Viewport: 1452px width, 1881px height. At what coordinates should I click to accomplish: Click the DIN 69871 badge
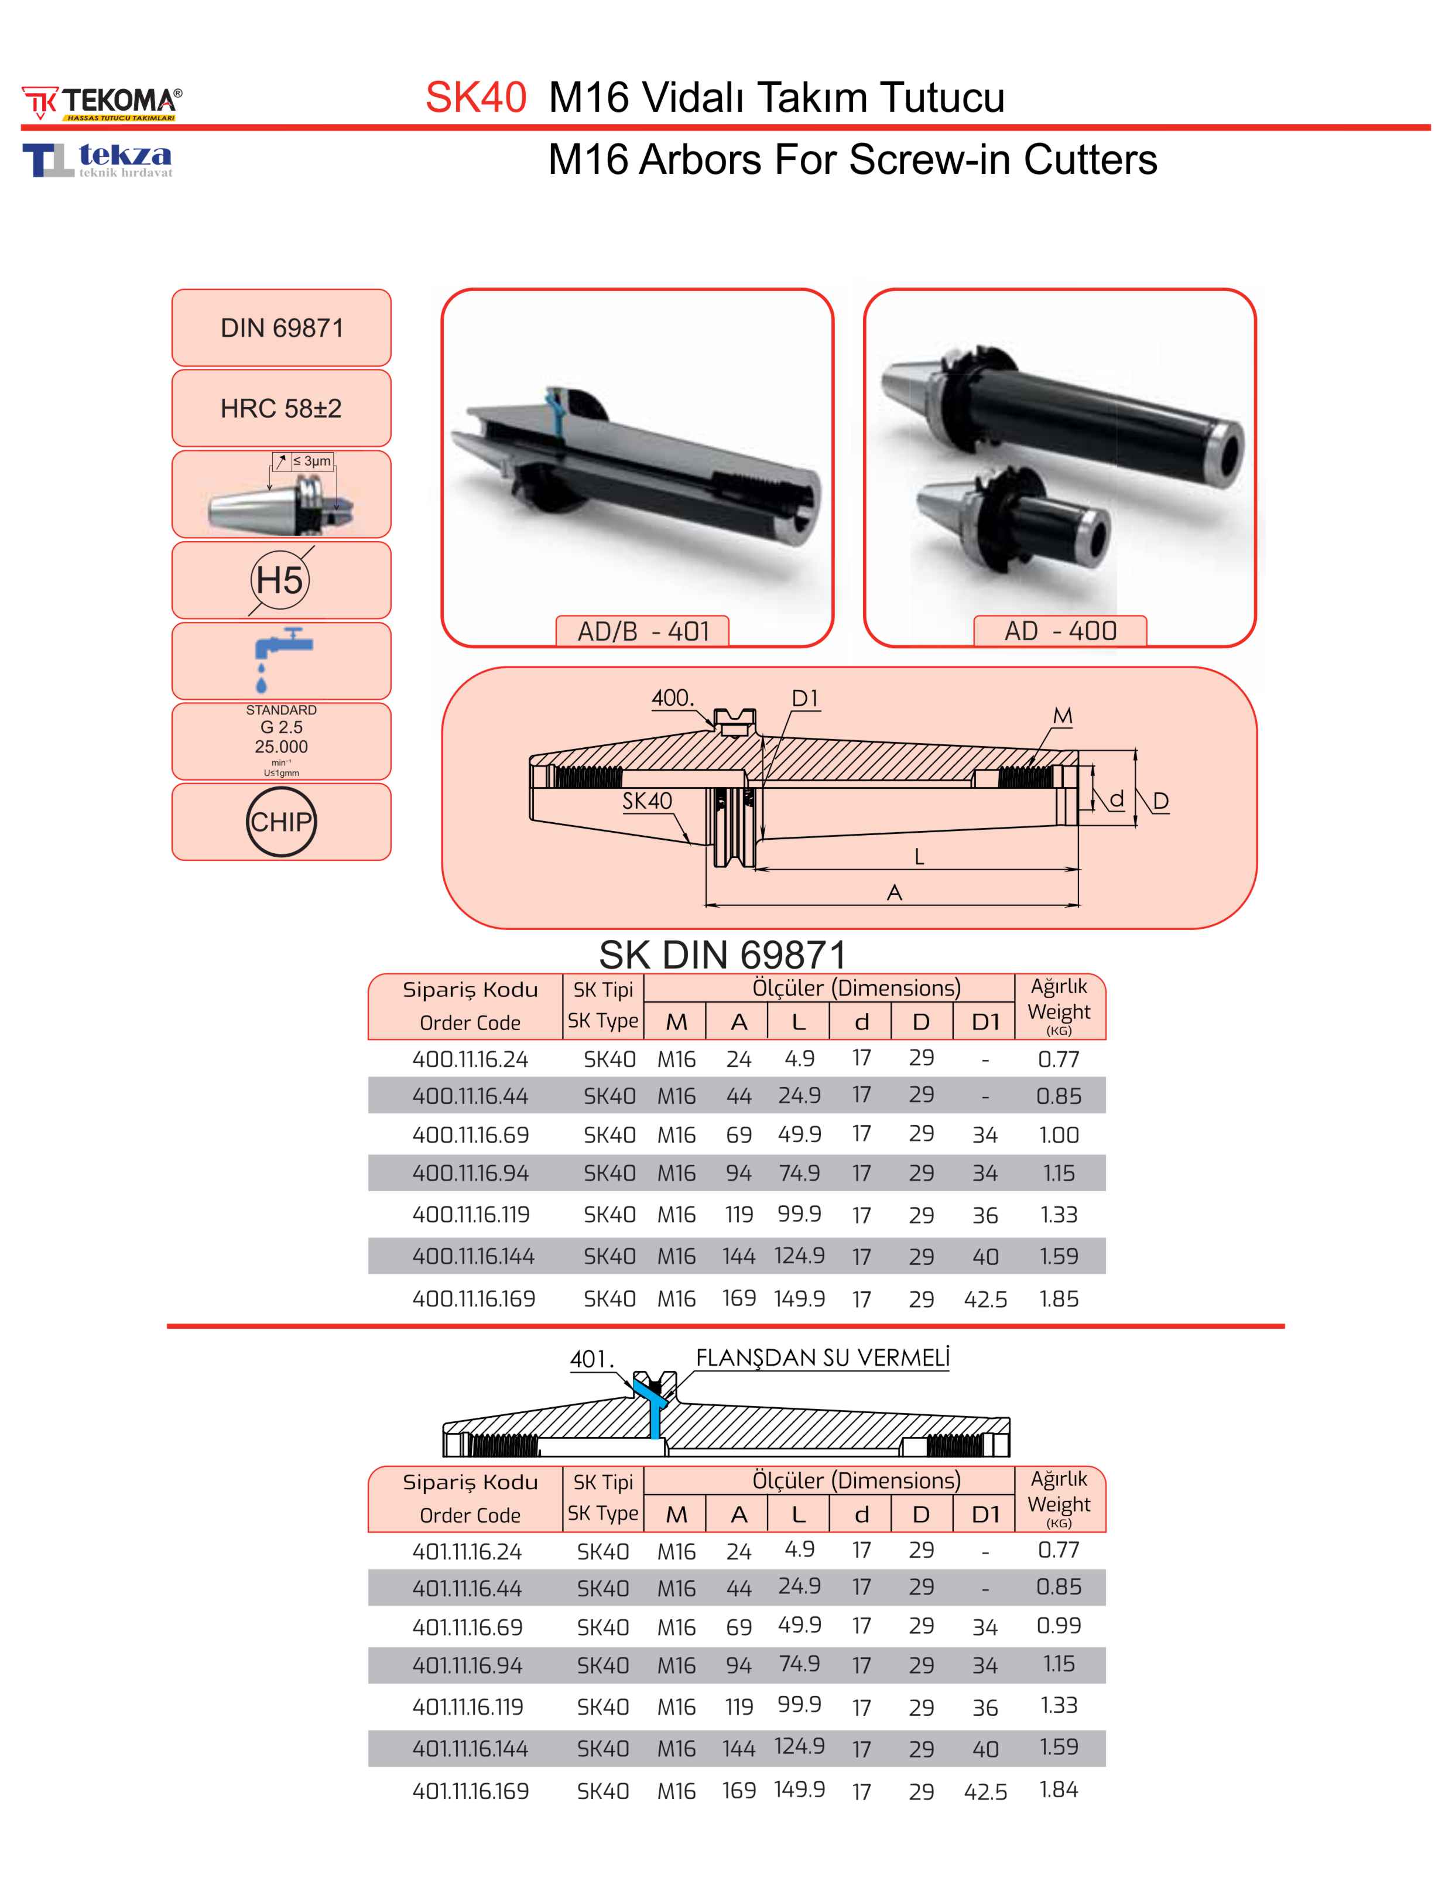click(x=281, y=328)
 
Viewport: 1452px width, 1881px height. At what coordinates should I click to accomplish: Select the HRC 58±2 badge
click(x=281, y=408)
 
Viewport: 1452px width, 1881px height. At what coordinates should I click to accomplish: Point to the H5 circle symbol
click(x=280, y=580)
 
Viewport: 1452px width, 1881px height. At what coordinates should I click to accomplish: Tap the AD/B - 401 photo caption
click(x=642, y=631)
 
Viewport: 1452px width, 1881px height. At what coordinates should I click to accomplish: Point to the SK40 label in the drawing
click(x=647, y=801)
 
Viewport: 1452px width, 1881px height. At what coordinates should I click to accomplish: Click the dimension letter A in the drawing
click(x=894, y=892)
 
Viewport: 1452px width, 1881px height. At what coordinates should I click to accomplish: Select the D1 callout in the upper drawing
click(x=804, y=699)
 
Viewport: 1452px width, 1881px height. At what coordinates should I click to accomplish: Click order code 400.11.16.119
click(x=470, y=1215)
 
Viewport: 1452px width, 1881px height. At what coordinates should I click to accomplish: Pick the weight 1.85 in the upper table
click(x=1059, y=1299)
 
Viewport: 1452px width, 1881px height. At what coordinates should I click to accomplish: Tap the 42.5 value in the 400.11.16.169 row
click(x=985, y=1299)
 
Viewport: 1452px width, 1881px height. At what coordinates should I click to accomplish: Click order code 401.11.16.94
click(x=467, y=1665)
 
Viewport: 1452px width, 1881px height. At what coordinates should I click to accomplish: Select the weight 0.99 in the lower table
click(x=1059, y=1625)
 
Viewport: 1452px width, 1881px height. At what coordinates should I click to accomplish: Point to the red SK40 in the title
click(x=475, y=97)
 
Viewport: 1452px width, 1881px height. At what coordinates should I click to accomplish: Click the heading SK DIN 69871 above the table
click(x=722, y=955)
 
